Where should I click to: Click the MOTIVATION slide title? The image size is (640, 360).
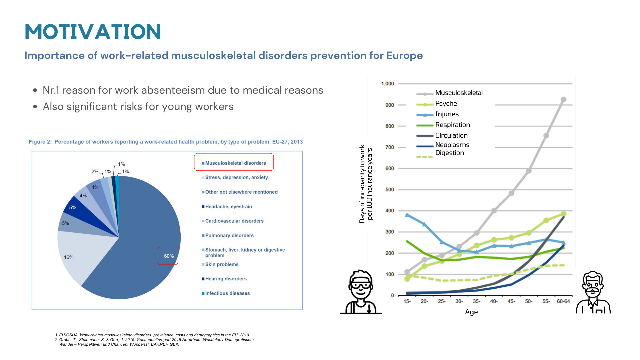[x=93, y=32]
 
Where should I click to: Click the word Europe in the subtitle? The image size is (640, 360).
[x=404, y=56]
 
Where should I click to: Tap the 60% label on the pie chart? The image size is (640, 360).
[x=169, y=256]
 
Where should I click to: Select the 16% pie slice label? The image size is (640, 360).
[x=69, y=257]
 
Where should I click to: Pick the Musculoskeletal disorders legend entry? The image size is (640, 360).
[x=234, y=163]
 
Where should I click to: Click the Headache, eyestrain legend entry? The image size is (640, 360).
[x=227, y=207]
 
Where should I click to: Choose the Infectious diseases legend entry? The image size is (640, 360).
[x=226, y=293]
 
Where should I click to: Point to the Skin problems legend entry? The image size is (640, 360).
[x=220, y=264]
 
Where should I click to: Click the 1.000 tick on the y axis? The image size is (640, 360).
[x=388, y=84]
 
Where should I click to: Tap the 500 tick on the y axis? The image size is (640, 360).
[x=390, y=190]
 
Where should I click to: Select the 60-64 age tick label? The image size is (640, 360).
[x=563, y=301]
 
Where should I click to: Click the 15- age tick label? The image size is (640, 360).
[x=407, y=301]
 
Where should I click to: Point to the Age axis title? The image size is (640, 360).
[x=471, y=312]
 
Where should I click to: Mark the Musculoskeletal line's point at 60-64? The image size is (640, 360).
[x=564, y=100]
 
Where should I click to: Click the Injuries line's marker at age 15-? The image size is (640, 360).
[x=407, y=215]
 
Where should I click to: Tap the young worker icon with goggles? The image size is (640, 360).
[x=361, y=292]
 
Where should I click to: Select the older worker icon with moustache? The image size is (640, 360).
[x=593, y=293]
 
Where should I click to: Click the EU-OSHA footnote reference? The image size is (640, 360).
[x=152, y=335]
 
